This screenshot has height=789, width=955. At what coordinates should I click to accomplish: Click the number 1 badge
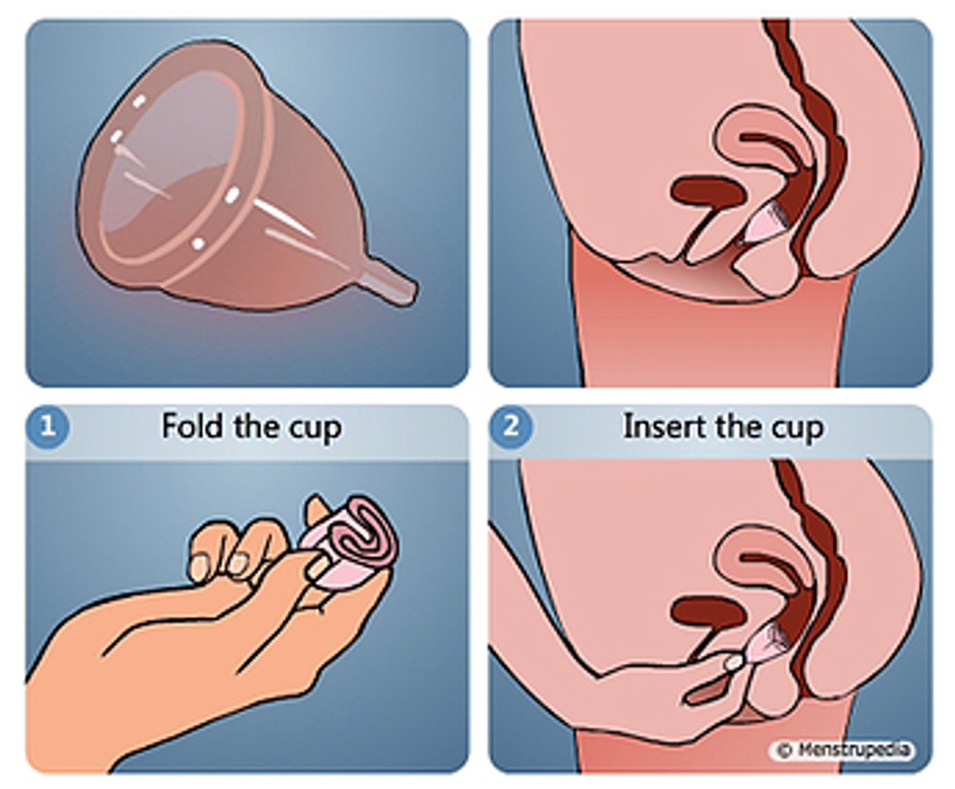pyautogui.click(x=48, y=428)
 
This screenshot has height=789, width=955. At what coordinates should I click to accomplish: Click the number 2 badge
pyautogui.click(x=511, y=428)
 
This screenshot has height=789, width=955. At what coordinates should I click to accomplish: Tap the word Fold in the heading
pyautogui.click(x=191, y=427)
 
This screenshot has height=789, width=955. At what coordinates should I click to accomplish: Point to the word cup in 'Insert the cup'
pyautogui.click(x=798, y=430)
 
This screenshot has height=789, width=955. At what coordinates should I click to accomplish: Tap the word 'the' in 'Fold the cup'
pyautogui.click(x=255, y=427)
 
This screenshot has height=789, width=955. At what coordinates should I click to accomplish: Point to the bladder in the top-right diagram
pyautogui.click(x=707, y=193)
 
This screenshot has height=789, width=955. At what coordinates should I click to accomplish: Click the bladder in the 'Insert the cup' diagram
pyautogui.click(x=707, y=613)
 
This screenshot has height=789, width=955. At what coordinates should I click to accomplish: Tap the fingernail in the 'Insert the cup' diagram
pyautogui.click(x=735, y=662)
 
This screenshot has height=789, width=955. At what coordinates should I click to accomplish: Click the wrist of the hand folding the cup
pyautogui.click(x=86, y=700)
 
